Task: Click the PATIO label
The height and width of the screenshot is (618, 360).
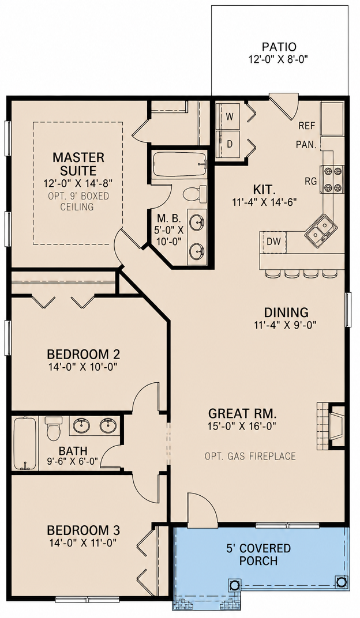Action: (279, 47)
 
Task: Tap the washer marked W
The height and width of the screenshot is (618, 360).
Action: (230, 116)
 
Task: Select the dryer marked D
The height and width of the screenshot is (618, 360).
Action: (230, 144)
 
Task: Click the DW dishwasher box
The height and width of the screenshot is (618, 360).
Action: (273, 241)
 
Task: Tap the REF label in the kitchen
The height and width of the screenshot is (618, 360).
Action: (307, 126)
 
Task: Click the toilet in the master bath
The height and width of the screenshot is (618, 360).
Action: (194, 194)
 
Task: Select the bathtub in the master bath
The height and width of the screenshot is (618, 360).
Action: (180, 165)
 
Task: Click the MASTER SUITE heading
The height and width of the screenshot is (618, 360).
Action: (78, 164)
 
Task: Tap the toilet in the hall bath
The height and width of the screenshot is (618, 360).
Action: (53, 428)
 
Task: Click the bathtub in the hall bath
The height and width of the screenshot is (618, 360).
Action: (25, 443)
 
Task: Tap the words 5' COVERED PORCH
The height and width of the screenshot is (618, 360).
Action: (258, 554)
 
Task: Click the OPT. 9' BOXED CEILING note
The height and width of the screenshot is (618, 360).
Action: (78, 201)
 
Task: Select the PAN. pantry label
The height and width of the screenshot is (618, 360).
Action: (306, 145)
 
